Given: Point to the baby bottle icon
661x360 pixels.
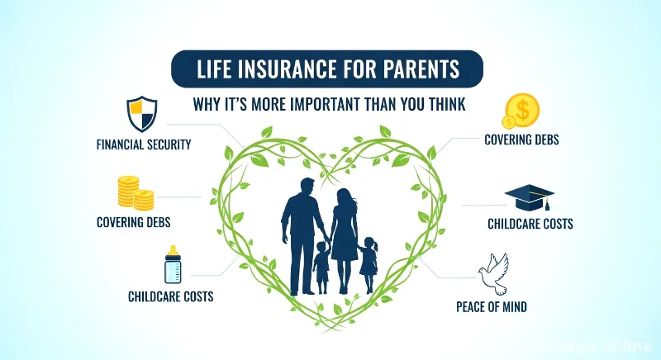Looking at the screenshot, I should point(173,264).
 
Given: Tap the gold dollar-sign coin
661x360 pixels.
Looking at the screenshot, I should point(521,110).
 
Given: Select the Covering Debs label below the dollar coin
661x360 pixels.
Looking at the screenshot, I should point(521,140).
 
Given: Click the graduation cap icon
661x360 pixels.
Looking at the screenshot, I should point(529,197).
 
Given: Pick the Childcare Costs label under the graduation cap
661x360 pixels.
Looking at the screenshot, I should point(530,224).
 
